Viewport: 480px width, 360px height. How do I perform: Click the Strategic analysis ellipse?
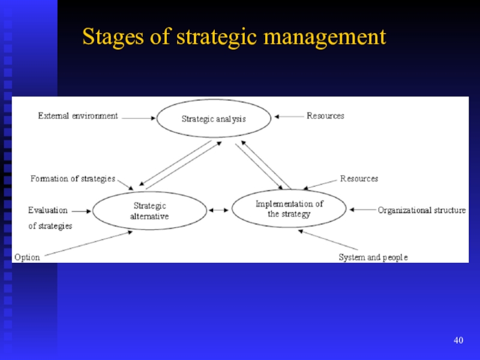coord(214,119)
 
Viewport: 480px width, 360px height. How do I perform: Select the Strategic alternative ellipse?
coord(149,211)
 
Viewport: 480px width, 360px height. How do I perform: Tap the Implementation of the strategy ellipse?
coord(289,209)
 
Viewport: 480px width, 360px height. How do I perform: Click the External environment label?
coord(78,116)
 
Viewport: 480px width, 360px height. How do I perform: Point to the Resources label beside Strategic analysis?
coord(326,116)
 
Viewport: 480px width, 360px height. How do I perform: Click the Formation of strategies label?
coord(73,179)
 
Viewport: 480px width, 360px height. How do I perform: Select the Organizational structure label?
coord(422,210)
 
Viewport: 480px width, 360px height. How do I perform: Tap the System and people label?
coord(373,257)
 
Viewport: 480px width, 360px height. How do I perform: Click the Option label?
coord(27,257)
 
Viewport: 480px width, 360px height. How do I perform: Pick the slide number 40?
coord(458,341)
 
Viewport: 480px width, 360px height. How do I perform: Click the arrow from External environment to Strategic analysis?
coord(139,118)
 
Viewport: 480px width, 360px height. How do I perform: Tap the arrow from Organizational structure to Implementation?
coord(362,210)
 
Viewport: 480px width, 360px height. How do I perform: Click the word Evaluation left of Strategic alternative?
coord(48,211)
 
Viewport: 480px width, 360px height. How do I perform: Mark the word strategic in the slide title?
coord(217,37)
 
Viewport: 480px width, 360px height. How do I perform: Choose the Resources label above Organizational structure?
coord(359,179)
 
